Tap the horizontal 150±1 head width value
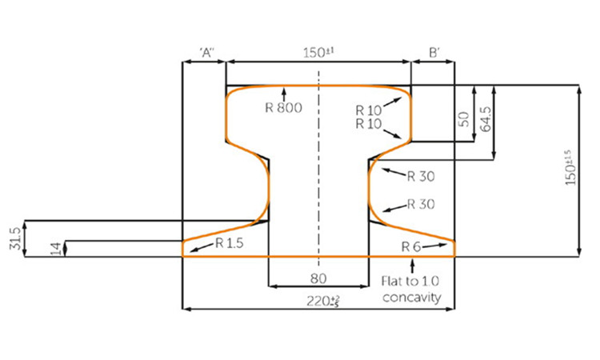[x=318, y=54]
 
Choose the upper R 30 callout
[x=420, y=175]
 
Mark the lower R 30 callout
[x=420, y=204]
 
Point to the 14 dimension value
[x=54, y=249]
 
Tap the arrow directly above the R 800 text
[x=282, y=94]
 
